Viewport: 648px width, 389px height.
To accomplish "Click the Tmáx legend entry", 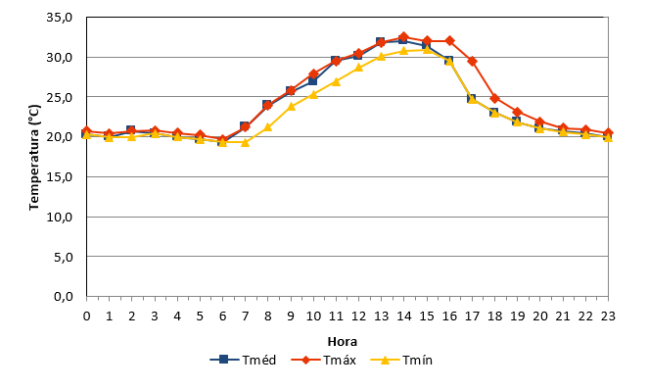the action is pos(324,360).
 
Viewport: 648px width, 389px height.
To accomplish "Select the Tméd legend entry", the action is pos(243,360).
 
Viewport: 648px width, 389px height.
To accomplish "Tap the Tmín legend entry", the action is pos(401,360).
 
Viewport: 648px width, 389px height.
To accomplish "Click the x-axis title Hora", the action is pos(343,342).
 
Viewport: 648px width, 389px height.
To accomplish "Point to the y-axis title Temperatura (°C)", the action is pos(34,157).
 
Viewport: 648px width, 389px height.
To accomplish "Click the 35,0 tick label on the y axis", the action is pos(60,18).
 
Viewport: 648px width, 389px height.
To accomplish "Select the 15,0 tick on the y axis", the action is pos(60,177).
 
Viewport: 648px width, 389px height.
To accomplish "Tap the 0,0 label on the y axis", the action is pos(64,297).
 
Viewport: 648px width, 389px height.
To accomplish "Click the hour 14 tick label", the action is pos(404,316).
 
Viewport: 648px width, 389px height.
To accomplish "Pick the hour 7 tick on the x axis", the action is pos(246,316).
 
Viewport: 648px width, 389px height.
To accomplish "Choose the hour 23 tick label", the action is pos(608,316).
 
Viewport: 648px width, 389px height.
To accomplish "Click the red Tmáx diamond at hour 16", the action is pos(449,40).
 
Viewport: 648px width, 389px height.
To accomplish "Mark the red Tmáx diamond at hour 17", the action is pos(473,62).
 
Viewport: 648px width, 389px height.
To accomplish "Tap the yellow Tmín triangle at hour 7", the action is pos(245,142).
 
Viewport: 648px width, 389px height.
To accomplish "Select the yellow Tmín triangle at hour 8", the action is pos(268,127).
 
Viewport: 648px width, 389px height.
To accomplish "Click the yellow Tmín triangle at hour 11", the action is pos(336,81).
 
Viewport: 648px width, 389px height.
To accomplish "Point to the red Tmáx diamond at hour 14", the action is pos(404,37).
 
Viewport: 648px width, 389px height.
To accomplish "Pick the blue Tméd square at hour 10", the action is pos(313,80).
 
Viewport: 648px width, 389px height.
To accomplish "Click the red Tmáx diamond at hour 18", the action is pos(495,99).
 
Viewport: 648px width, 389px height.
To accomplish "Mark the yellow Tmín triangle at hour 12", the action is pos(358,68).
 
